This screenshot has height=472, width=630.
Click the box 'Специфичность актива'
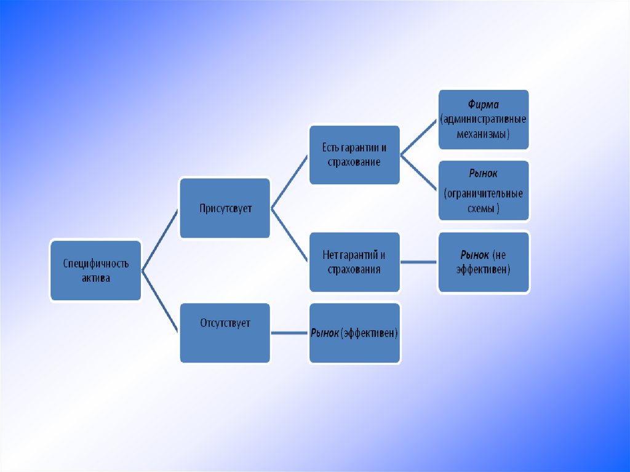click(95, 270)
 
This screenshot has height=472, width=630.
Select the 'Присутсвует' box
click(225, 208)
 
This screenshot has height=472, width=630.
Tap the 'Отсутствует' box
click(225, 332)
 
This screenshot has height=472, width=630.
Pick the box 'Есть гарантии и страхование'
click(354, 155)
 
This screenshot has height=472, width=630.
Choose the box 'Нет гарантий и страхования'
click(354, 262)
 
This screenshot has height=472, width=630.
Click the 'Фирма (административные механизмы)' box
click(484, 119)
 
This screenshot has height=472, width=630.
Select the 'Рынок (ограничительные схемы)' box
click(484, 190)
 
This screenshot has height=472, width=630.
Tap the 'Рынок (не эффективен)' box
click(484, 262)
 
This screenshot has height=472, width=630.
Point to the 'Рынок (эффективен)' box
click(354, 332)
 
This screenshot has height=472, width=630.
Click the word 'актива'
click(96, 278)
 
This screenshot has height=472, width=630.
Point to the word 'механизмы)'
click(484, 134)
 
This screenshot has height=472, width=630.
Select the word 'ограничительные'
click(484, 194)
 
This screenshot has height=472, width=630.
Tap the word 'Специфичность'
click(96, 263)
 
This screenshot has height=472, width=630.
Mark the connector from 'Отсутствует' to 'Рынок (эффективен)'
click(289, 333)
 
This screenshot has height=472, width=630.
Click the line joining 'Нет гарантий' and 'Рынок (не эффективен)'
click(418, 262)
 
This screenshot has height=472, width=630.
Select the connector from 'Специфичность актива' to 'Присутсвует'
click(160, 239)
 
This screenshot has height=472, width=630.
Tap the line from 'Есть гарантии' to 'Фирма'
click(419, 137)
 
